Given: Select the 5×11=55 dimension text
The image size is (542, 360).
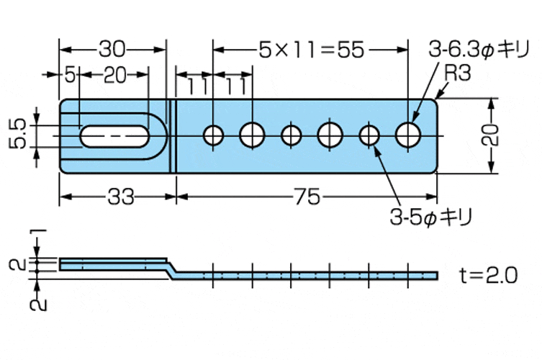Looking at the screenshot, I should tap(312, 49).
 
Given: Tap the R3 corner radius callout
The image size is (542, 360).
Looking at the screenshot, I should tap(457, 72).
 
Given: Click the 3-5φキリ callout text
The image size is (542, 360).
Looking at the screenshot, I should tap(434, 215).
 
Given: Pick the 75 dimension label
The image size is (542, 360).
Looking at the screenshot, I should tap(307, 197).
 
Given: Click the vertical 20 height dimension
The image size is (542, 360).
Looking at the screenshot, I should tap(490, 134).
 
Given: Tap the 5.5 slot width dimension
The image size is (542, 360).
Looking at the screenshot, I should tap(19, 134).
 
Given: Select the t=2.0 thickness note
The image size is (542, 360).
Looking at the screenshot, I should tap(488, 275).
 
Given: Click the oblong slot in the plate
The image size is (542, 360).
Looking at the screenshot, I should tap(114, 135).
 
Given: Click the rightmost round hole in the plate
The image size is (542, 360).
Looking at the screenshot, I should tap(409, 134).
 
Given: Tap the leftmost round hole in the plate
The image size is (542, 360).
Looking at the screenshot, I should tap(213, 135).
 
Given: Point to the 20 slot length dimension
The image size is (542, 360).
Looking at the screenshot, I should tap(114, 75).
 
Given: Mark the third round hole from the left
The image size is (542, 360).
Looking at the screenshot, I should tap(292, 135).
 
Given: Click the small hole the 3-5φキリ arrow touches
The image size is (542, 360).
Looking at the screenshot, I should tap(369, 135).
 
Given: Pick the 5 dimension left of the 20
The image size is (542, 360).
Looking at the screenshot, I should tap(70, 75).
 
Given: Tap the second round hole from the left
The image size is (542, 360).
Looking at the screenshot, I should tap(253, 134).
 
